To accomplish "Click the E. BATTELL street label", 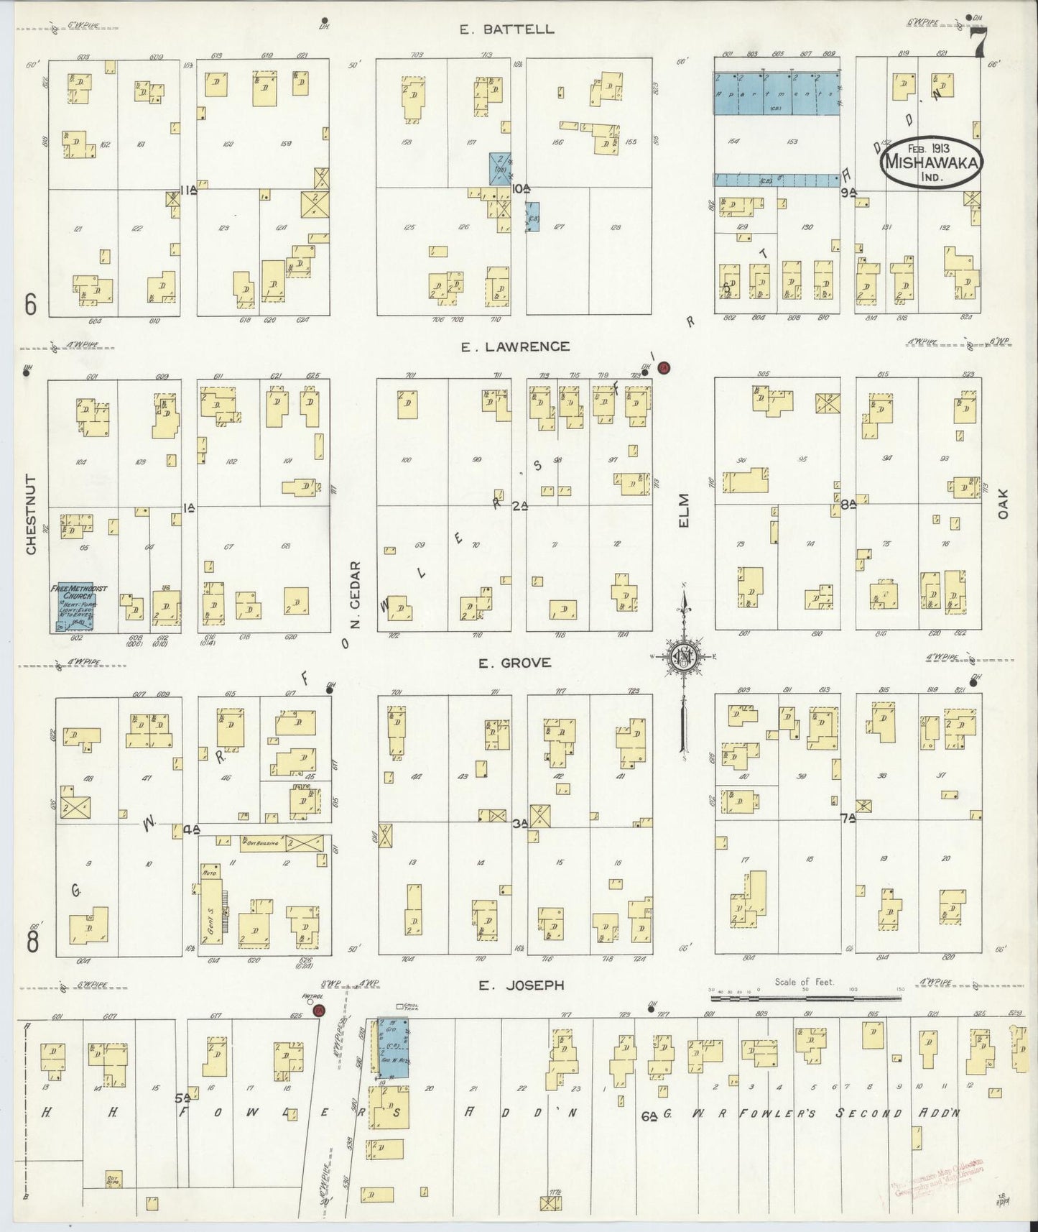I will click(x=508, y=29).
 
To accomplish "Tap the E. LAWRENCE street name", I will click(x=515, y=346).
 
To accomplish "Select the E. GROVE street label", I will click(x=515, y=663).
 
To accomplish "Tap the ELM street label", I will click(x=683, y=511).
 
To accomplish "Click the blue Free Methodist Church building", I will click(x=79, y=607).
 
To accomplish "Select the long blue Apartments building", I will click(x=777, y=93).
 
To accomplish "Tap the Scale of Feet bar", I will click(x=805, y=998).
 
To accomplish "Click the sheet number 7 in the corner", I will click(x=978, y=42).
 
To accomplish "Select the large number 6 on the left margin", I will click(x=31, y=305).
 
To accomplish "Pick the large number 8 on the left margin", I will click(x=33, y=941).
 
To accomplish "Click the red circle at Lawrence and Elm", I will click(x=664, y=367).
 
